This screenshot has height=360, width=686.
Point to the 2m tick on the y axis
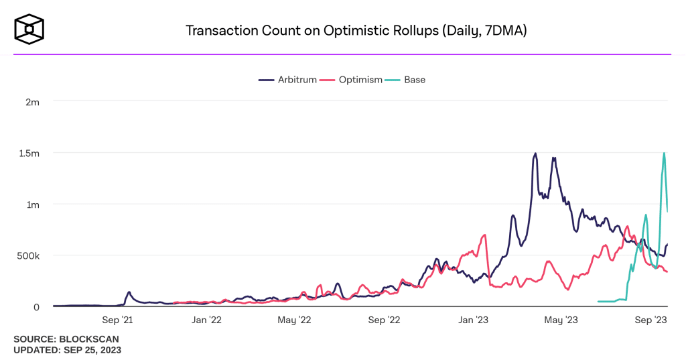pyautogui.click(x=33, y=102)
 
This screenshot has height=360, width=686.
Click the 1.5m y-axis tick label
pyautogui.click(x=28, y=153)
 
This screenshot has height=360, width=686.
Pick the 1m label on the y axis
pyautogui.click(x=33, y=204)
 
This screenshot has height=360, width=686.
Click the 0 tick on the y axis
pyautogui.click(x=37, y=306)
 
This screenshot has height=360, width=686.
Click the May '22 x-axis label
pyautogui.click(x=294, y=320)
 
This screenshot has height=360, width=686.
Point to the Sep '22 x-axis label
pyautogui.click(x=384, y=320)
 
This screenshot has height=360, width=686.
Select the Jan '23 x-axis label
pyautogui.click(x=474, y=320)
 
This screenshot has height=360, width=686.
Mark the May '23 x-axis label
pyautogui.click(x=561, y=320)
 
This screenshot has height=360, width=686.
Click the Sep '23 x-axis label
pyautogui.click(x=650, y=320)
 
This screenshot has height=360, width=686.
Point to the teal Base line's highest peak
pyautogui.click(x=664, y=153)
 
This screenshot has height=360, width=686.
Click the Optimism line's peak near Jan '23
pyautogui.click(x=484, y=235)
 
